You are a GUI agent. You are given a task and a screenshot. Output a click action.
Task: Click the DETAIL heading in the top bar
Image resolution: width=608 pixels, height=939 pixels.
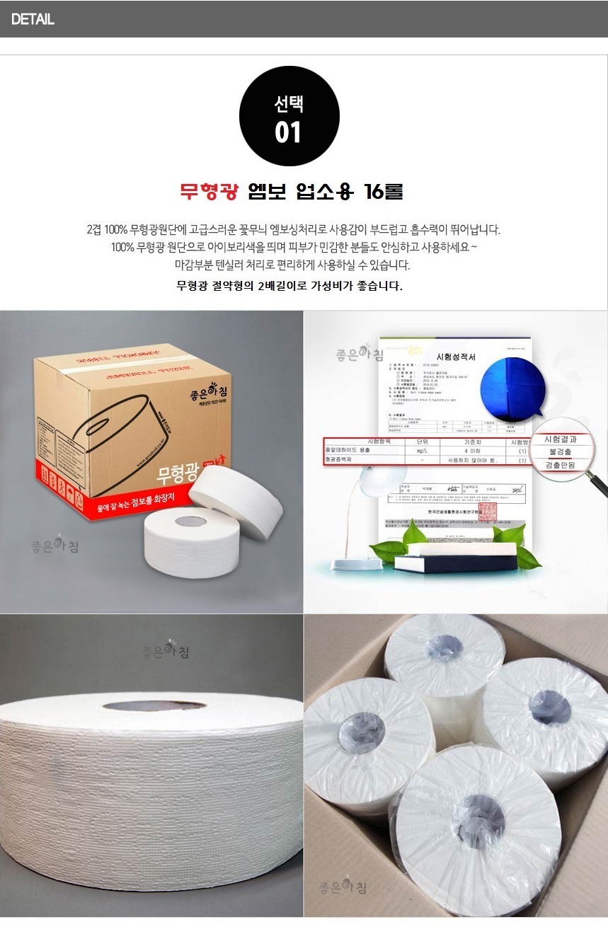(x=33, y=19)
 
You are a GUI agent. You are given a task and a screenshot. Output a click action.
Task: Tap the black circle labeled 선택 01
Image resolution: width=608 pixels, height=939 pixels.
(x=289, y=116)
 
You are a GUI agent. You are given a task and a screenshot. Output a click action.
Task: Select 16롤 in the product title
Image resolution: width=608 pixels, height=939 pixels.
(x=383, y=192)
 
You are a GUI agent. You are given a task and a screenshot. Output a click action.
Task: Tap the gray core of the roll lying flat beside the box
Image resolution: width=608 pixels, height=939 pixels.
(x=185, y=522)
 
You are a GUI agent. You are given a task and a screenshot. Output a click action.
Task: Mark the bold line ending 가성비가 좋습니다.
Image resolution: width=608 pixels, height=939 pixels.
(x=289, y=287)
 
